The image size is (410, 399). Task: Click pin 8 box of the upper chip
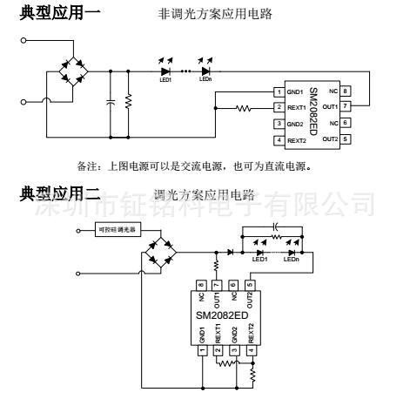click(346, 91)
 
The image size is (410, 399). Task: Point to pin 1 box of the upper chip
click(279, 91)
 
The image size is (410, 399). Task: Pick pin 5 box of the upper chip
click(346, 139)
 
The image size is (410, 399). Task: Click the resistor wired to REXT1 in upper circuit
click(245, 108)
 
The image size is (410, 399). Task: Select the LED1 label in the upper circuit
click(165, 78)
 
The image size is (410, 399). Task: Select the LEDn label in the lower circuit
click(292, 259)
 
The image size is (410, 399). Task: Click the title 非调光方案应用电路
click(215, 15)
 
